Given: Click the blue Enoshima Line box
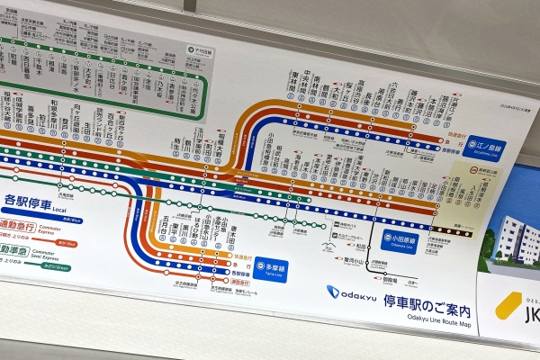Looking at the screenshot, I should coord(486,145).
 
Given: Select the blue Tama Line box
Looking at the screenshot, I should coord(271,267).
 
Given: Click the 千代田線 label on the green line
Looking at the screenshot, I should coord(195,50).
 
